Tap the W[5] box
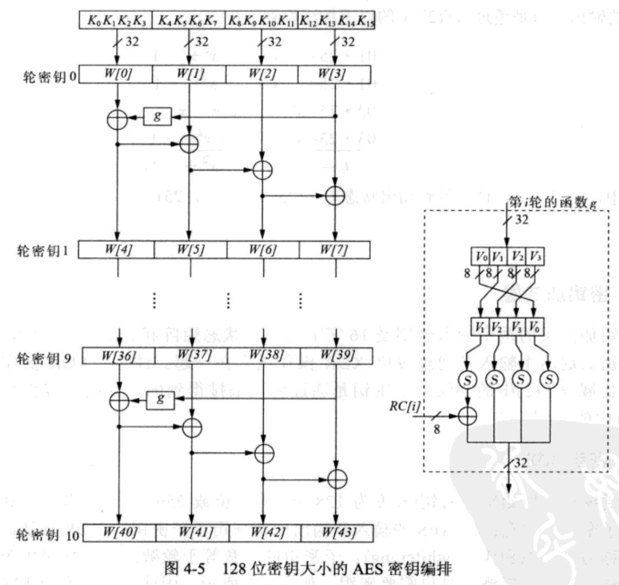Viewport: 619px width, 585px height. pos(190,250)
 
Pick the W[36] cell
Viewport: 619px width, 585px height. pos(119,356)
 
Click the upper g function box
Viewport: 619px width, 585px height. pos(157,117)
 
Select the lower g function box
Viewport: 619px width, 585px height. pos(160,399)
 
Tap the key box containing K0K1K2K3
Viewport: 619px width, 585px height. pos(117,21)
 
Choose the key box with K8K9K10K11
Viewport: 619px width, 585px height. pos(262,21)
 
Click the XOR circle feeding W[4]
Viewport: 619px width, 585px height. pos(117,119)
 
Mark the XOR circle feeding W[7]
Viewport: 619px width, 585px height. pos(335,195)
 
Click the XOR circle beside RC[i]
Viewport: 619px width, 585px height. pos(467,415)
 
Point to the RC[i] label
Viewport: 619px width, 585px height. pos(404,406)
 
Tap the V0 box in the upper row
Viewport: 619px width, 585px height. pos(480,256)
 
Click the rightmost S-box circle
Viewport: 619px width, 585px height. pos(549,379)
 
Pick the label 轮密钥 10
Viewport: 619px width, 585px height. pos(47,535)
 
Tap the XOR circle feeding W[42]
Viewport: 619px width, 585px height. pos(264,453)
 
